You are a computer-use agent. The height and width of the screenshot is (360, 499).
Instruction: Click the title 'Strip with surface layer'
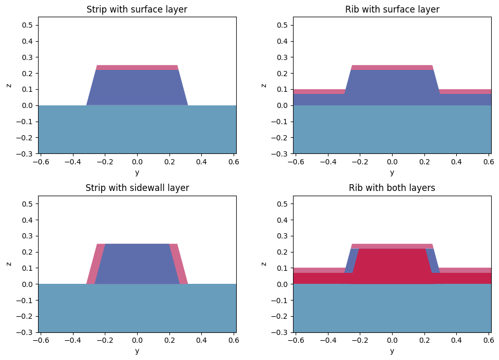point(137,9)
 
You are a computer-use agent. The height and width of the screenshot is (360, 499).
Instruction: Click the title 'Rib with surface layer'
point(392,9)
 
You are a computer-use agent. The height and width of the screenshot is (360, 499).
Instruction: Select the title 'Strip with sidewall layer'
point(137,188)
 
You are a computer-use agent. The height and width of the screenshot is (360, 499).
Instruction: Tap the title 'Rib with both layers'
point(392,188)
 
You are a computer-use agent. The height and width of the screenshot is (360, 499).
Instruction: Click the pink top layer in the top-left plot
point(137,67)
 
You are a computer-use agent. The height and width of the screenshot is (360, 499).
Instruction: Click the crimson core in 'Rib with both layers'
point(392,266)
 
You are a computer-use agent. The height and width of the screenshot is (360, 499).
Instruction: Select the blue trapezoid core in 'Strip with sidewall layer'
point(137,264)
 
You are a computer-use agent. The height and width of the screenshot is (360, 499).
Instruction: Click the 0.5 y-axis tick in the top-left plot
point(28,25)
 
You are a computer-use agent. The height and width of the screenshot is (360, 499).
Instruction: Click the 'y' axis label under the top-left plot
point(137,172)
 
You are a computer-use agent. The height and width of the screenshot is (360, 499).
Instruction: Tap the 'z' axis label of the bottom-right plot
point(264,264)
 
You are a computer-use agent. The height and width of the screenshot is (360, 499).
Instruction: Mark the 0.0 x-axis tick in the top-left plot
point(137,162)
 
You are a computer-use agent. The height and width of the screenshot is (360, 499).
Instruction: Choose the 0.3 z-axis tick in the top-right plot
point(283,57)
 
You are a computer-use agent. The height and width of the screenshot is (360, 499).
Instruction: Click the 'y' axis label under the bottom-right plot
point(392,351)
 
